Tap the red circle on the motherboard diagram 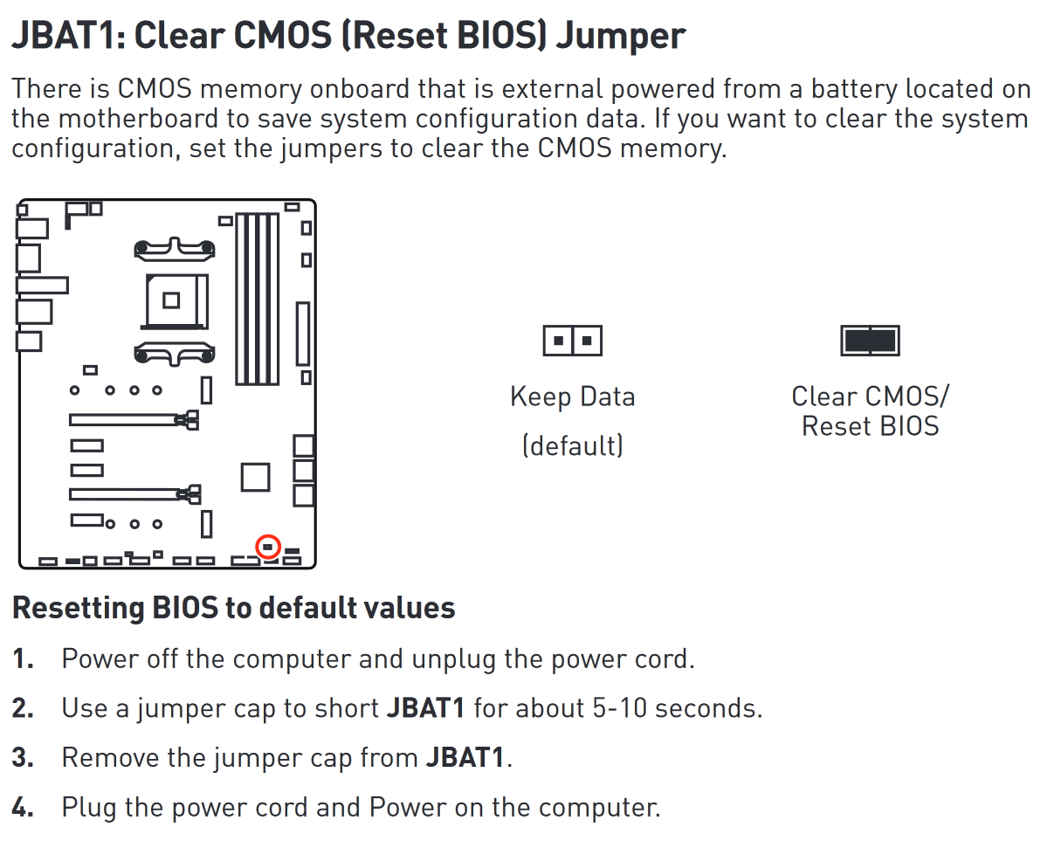(268, 547)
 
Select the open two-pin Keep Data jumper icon (572, 340)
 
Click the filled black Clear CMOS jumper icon (870, 340)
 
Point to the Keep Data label (572, 396)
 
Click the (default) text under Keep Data (572, 445)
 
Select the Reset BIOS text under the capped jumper (870, 426)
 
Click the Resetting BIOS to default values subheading (234, 608)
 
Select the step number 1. (22, 658)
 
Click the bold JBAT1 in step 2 (425, 707)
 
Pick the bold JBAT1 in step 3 (465, 757)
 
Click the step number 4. (23, 807)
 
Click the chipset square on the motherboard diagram (255, 477)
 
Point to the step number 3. (23, 757)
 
